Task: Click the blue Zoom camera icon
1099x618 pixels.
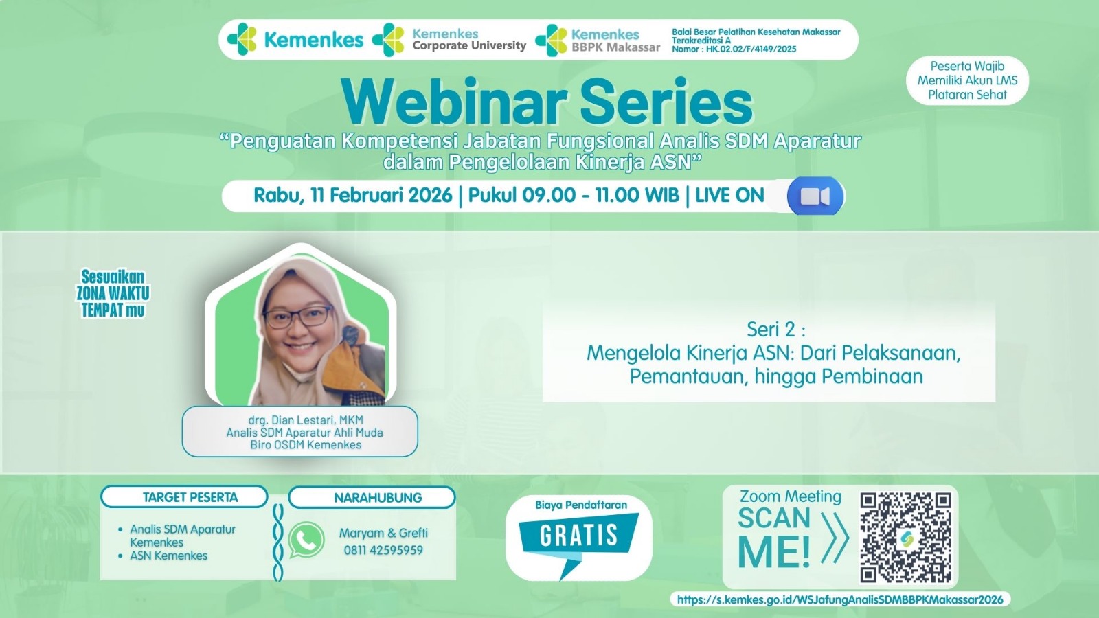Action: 815,196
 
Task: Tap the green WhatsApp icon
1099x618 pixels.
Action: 306,540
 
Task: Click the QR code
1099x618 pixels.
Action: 905,537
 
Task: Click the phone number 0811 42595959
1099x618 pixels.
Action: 383,550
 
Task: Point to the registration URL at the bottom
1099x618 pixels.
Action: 839,599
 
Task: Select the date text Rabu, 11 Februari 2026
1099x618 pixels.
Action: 352,195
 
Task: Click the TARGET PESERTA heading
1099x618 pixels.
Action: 190,497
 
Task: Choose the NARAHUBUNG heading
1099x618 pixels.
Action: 378,498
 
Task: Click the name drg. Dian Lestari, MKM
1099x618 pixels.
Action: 306,420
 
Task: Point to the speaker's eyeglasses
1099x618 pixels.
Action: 298,317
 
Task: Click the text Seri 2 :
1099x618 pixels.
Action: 775,329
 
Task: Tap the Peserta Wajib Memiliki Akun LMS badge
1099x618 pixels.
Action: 968,80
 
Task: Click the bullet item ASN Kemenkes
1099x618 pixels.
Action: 168,556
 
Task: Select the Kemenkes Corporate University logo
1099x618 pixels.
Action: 449,40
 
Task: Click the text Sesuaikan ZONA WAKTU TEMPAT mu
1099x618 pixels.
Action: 113,293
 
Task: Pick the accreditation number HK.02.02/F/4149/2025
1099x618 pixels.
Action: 751,49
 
